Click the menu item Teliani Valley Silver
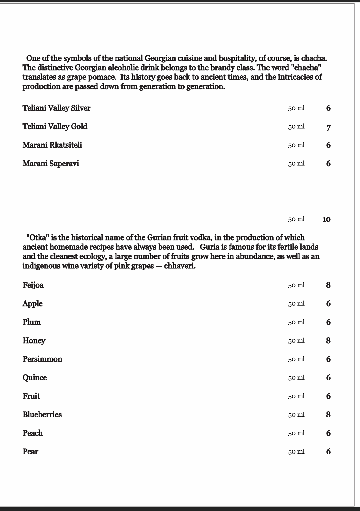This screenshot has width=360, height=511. pyautogui.click(x=56, y=108)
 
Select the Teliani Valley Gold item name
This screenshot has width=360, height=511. pyautogui.click(x=55, y=127)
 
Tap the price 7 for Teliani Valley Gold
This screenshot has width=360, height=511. pyautogui.click(x=328, y=127)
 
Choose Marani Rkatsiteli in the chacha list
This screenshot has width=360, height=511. pyautogui.click(x=52, y=145)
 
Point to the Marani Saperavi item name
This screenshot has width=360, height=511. pyautogui.click(x=50, y=164)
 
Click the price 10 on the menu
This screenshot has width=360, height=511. pyautogui.click(x=326, y=219)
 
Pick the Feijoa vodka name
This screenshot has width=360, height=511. pyautogui.click(x=33, y=285)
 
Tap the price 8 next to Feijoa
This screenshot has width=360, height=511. pyautogui.click(x=328, y=285)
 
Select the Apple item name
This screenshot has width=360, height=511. pyautogui.click(x=32, y=304)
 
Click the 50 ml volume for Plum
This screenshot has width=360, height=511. pyautogui.click(x=296, y=322)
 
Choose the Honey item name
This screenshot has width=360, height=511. pyautogui.click(x=34, y=341)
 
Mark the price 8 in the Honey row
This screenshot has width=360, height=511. pyautogui.click(x=328, y=340)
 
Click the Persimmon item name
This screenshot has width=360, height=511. pyautogui.click(x=42, y=359)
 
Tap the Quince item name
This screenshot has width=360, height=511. pyautogui.click(x=35, y=378)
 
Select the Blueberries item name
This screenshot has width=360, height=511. pyautogui.click(x=42, y=415)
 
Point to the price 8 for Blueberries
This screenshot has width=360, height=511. pyautogui.click(x=328, y=415)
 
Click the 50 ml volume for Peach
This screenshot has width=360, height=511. pyautogui.click(x=296, y=433)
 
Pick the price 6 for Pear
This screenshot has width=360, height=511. pyautogui.click(x=328, y=452)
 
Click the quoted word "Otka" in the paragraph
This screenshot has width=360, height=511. pyautogui.click(x=37, y=237)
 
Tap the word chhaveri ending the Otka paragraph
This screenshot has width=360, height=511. pyautogui.click(x=179, y=266)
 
